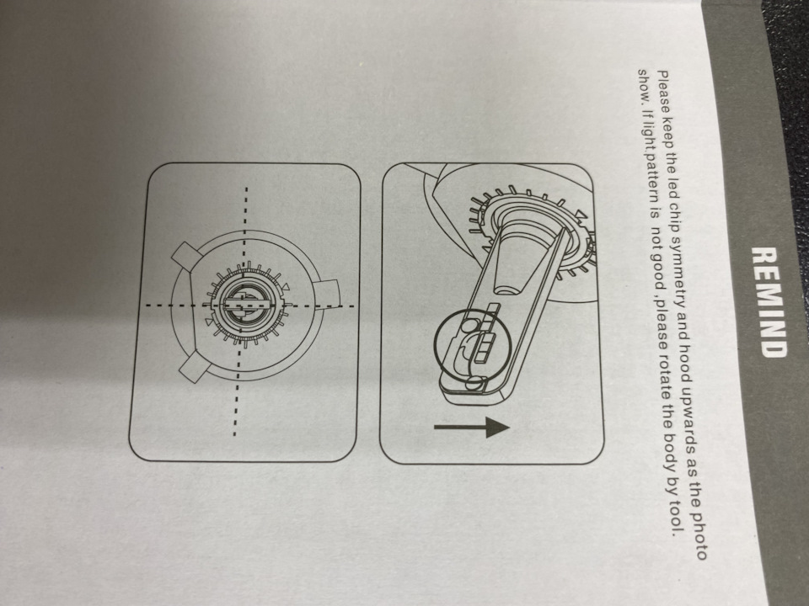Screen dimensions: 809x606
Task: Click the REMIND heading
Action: tap(769, 302)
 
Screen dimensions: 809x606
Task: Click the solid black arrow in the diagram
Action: tap(472, 428)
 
